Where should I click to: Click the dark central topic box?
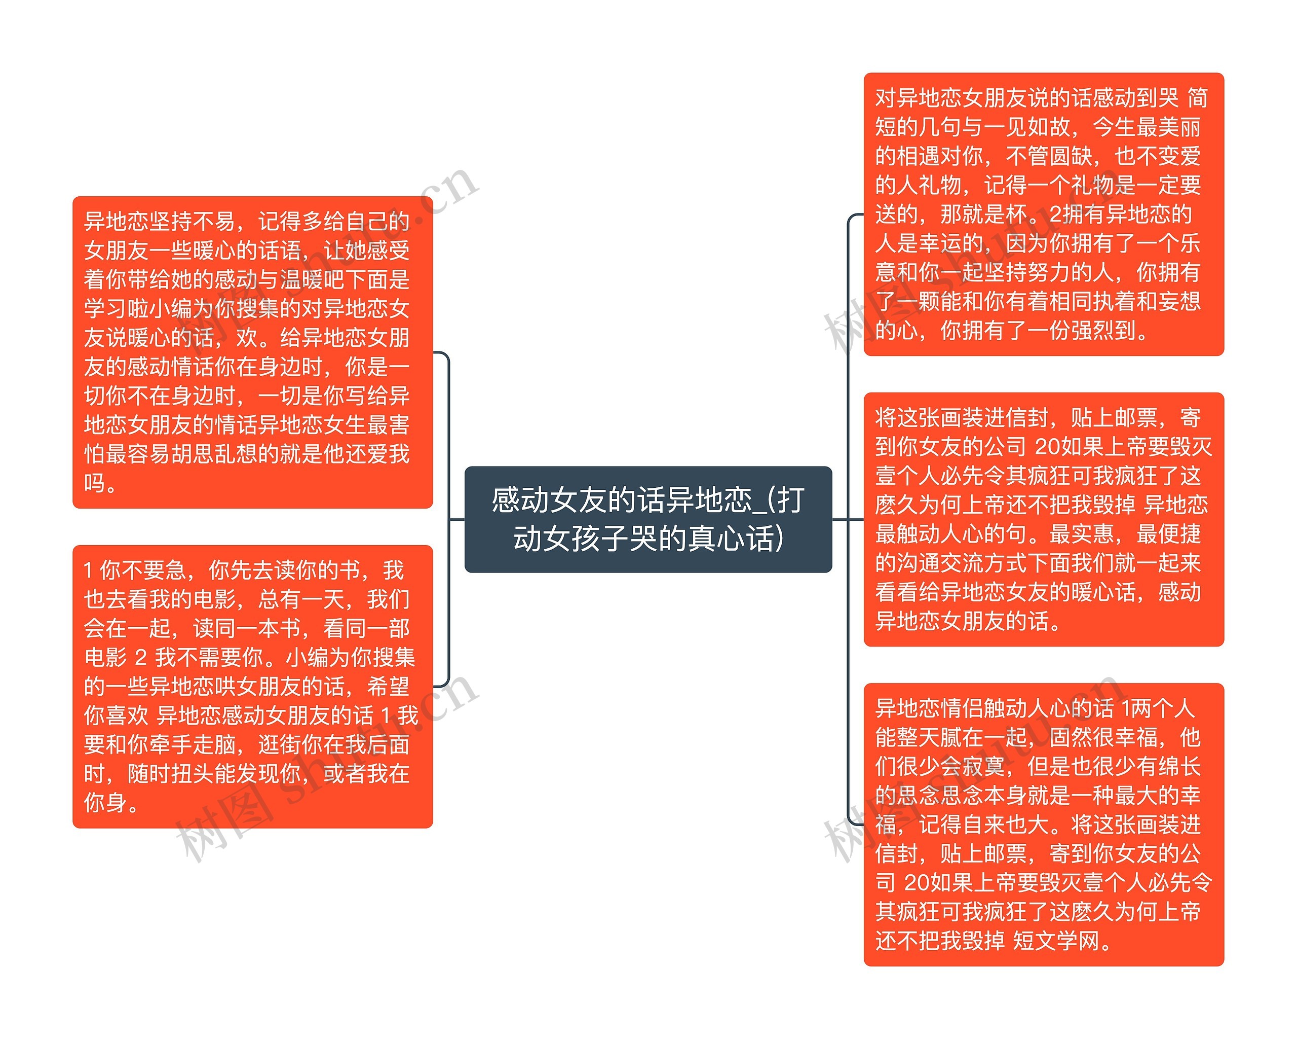(x=648, y=519)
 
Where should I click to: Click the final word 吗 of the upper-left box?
(x=94, y=483)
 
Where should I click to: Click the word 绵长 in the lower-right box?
(x=1179, y=766)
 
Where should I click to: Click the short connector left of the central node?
(x=456, y=519)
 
